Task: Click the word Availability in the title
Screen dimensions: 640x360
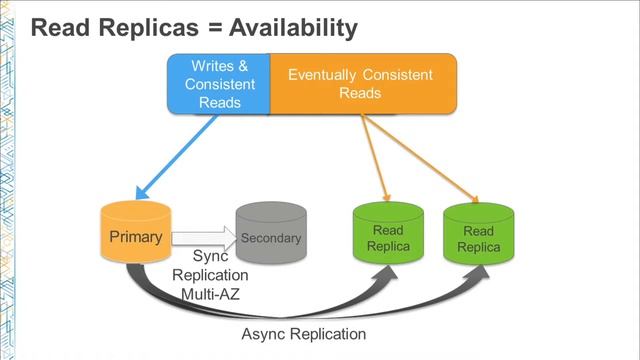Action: pos(293,29)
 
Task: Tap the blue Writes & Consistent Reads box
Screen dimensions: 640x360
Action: pos(219,84)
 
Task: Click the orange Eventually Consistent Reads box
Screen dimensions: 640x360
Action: pos(363,84)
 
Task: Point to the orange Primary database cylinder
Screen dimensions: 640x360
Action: pos(136,232)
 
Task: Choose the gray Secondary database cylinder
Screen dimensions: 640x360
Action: pos(271,232)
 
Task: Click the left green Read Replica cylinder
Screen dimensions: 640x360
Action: pos(388,233)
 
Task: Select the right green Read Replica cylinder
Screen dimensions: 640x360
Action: pos(479,233)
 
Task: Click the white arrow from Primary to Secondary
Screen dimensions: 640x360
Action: pos(204,238)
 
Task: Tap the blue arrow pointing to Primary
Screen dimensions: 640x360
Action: pos(176,157)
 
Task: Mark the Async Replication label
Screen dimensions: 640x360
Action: pos(304,334)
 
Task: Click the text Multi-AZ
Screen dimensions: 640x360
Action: pos(210,294)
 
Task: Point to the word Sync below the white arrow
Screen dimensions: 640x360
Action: pos(210,256)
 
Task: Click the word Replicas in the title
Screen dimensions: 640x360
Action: pos(149,29)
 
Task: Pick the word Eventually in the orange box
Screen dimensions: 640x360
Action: pos(322,75)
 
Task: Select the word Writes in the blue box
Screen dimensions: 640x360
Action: pos(212,66)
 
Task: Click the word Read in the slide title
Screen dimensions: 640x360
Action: pos(61,29)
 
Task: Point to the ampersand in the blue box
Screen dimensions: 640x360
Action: pos(243,66)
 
